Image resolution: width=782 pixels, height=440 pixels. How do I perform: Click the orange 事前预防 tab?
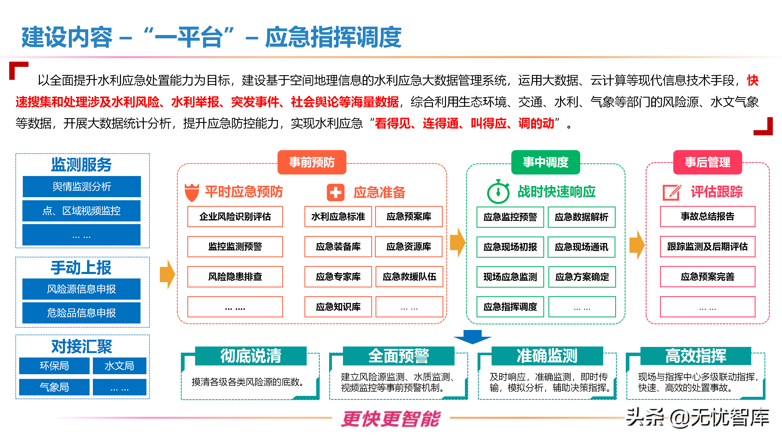click(x=312, y=162)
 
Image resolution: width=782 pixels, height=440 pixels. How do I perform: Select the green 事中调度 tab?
click(x=546, y=162)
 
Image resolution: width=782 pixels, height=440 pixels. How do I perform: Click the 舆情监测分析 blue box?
click(x=82, y=186)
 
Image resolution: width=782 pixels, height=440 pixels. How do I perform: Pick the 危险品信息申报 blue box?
click(x=81, y=313)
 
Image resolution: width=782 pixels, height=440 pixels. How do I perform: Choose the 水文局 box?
click(x=119, y=366)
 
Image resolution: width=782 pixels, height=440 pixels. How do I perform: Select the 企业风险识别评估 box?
click(x=235, y=217)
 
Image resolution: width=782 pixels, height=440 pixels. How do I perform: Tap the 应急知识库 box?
click(x=338, y=307)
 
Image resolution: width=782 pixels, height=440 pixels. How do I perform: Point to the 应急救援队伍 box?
click(x=409, y=277)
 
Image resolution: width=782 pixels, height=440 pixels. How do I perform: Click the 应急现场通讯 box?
click(x=581, y=247)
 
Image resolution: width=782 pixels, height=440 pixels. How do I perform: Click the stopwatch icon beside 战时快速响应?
click(x=498, y=192)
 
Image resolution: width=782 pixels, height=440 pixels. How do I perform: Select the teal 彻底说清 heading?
click(x=251, y=356)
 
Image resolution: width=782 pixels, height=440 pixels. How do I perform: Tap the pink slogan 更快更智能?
click(x=391, y=419)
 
